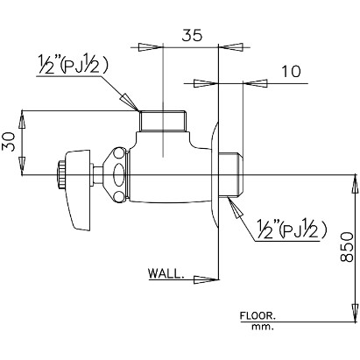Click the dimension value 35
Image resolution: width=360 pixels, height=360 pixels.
tap(192, 35)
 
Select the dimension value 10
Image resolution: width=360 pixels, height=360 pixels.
tap(291, 72)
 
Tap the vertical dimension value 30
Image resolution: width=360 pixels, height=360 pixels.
tap(9, 142)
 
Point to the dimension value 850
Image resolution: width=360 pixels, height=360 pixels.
tap(347, 247)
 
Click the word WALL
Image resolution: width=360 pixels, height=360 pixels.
tap(166, 273)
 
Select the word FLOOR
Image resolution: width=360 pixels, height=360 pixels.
tap(258, 315)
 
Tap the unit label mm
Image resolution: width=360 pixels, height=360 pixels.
tap(263, 327)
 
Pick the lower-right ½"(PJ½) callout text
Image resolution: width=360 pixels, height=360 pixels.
tap(291, 229)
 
